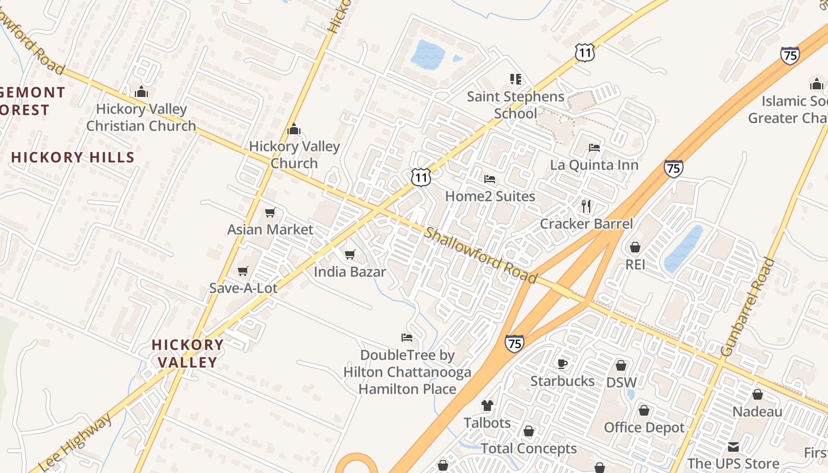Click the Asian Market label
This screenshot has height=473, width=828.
click(270, 229)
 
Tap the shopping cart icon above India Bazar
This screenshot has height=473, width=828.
click(350, 255)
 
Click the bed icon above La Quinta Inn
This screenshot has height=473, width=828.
click(594, 147)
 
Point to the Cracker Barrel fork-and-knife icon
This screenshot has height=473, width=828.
click(586, 206)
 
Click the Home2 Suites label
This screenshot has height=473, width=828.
click(490, 196)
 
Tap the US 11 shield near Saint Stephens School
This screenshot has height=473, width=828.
click(584, 53)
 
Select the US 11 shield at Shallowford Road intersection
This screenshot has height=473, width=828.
click(421, 177)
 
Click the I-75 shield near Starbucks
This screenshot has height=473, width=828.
click(514, 343)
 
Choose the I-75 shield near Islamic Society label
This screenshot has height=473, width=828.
click(790, 56)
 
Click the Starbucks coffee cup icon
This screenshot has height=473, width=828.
click(562, 364)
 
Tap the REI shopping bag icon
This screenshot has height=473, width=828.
click(635, 247)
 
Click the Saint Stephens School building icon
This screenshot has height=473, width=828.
click(515, 79)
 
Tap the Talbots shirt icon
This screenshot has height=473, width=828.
click(487, 406)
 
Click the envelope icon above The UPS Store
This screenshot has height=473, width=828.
click(733, 446)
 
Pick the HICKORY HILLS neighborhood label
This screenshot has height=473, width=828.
click(73, 157)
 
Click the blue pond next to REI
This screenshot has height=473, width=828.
click(683, 248)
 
